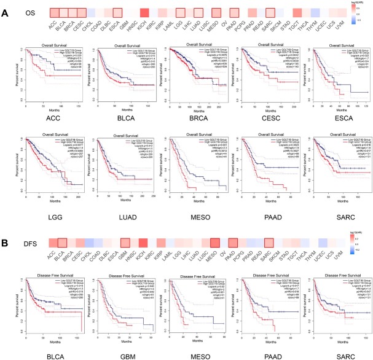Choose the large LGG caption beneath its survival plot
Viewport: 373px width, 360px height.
47,214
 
